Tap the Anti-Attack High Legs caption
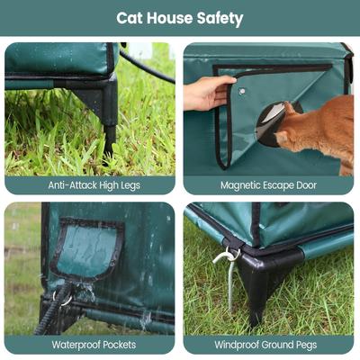(90, 184)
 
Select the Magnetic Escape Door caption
(269, 184)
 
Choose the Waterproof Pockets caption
(90, 344)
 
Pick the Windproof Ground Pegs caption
(269, 344)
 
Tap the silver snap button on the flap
(243, 90)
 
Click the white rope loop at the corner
(226, 256)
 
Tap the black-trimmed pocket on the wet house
(86, 248)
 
